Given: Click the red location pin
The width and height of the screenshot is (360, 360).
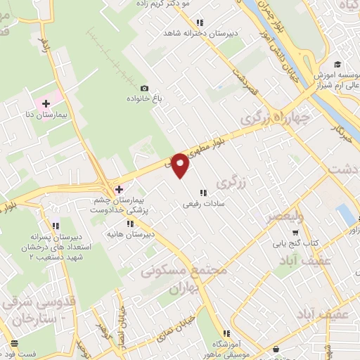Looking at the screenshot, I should [x=181, y=165].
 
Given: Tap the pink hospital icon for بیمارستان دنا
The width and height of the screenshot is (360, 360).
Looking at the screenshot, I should [x=46, y=104].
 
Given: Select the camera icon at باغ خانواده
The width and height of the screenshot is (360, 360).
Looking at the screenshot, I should [x=144, y=88].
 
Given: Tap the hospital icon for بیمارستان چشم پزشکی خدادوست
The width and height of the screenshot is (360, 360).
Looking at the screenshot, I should [x=119, y=188].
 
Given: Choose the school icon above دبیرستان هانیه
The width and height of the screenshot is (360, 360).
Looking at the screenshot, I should [x=129, y=224].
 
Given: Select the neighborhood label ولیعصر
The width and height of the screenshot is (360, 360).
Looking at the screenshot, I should [x=285, y=217].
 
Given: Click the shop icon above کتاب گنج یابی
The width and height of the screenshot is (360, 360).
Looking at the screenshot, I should [x=295, y=231].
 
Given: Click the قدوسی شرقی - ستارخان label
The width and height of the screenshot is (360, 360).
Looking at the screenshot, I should [x=35, y=309].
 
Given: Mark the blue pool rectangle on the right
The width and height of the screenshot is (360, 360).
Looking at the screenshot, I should [x=345, y=214].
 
